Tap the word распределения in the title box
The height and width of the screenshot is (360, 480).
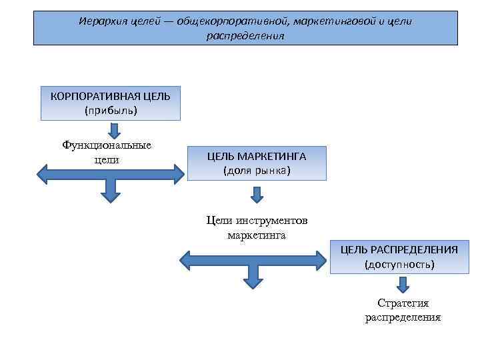click(x=245, y=36)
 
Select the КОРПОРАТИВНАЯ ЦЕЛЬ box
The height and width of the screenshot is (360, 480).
click(x=111, y=103)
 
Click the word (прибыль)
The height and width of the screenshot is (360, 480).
click(x=111, y=111)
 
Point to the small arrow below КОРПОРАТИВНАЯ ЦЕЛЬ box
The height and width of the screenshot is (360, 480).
click(x=113, y=129)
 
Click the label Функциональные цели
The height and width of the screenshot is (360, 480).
click(x=107, y=153)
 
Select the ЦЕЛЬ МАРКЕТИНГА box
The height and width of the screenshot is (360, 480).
click(x=257, y=163)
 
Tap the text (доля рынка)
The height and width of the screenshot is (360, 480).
click(x=257, y=171)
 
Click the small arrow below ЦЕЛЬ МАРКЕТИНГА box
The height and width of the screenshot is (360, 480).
click(x=257, y=195)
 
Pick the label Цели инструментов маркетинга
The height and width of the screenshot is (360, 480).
click(x=257, y=227)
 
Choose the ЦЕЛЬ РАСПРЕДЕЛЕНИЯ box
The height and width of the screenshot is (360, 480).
click(x=399, y=257)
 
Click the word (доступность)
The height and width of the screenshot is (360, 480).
click(x=399, y=265)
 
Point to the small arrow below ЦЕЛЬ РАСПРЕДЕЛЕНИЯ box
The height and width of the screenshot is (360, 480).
click(x=403, y=285)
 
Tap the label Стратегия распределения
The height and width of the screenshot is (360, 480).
click(x=403, y=310)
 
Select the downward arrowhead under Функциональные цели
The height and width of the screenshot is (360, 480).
click(x=110, y=195)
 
